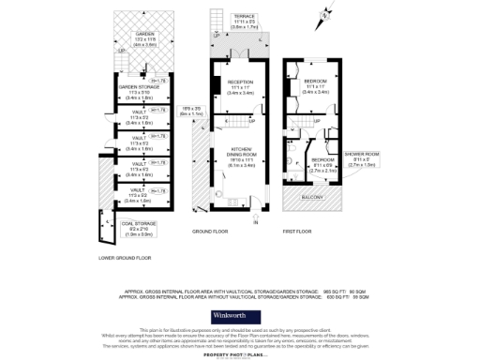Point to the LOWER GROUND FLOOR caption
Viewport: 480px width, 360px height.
(x=125, y=257)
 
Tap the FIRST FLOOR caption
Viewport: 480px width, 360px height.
(x=297, y=230)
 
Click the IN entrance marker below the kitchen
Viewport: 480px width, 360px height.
(x=254, y=222)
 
